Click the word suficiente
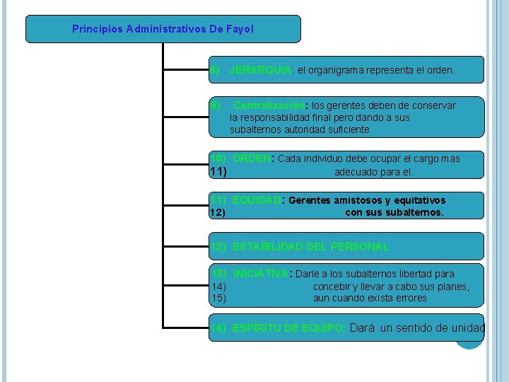click(x=342, y=129)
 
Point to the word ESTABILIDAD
click(x=272, y=247)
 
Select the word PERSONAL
click(x=359, y=247)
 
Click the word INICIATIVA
click(x=260, y=274)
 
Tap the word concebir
click(x=332, y=286)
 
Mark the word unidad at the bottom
click(x=469, y=328)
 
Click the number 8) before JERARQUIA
click(x=216, y=71)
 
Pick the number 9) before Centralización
click(x=216, y=105)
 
